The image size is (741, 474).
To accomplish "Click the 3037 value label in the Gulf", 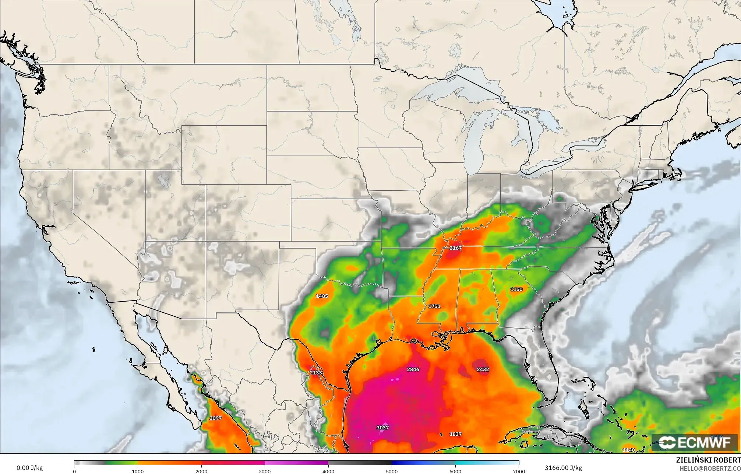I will point(382,428).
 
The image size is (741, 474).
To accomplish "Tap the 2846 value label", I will point(413,369).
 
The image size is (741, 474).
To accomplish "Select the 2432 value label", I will point(483,369).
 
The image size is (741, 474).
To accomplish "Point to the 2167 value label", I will point(455,248).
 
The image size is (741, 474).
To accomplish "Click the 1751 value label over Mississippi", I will point(434,306).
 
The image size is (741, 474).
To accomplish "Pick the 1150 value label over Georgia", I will point(516,289).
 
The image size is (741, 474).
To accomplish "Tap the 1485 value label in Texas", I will point(322,296).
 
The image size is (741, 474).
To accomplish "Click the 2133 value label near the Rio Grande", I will point(315,373).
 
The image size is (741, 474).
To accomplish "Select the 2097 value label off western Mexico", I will point(215,418).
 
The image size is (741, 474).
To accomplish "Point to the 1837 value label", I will point(455,434).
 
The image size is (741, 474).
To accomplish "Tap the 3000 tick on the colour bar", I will point(265,471).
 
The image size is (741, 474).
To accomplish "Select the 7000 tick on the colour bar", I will point(519,471).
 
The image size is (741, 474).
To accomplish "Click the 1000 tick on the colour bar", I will point(138,471).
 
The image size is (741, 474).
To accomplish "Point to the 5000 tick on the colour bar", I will point(392,471).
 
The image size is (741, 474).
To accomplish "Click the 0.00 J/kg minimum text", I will point(29,468).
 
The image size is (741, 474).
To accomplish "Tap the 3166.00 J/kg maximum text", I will point(563,468).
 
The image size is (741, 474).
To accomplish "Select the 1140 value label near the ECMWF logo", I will point(629,450).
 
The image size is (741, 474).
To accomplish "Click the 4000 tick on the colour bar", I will point(328,471).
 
